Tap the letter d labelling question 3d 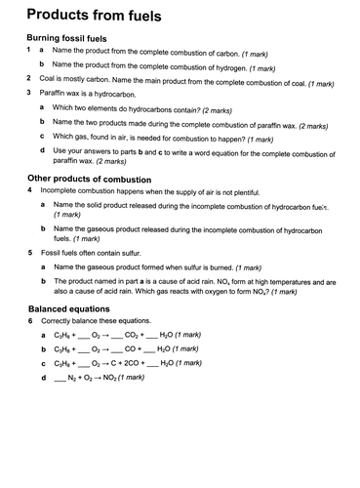pos(42,150)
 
